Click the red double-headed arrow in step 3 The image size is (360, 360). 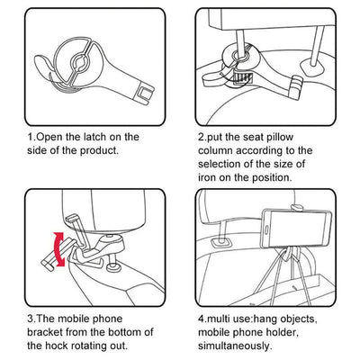[x=58, y=249]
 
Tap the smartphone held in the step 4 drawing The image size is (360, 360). [x=296, y=228]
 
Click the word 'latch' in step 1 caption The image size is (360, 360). [x=94, y=137]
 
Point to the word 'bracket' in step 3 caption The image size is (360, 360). [x=45, y=332]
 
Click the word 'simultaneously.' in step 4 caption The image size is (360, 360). [x=235, y=346]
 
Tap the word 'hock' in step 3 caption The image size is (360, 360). [x=57, y=346]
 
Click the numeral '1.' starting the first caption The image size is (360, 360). [x=31, y=137]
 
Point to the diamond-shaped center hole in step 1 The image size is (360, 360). [x=80, y=62]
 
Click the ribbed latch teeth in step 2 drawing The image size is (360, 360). [x=242, y=77]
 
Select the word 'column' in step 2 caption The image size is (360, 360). [x=215, y=150]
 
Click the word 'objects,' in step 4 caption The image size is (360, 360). [x=298, y=319]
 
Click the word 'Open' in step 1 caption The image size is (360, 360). [x=49, y=138]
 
